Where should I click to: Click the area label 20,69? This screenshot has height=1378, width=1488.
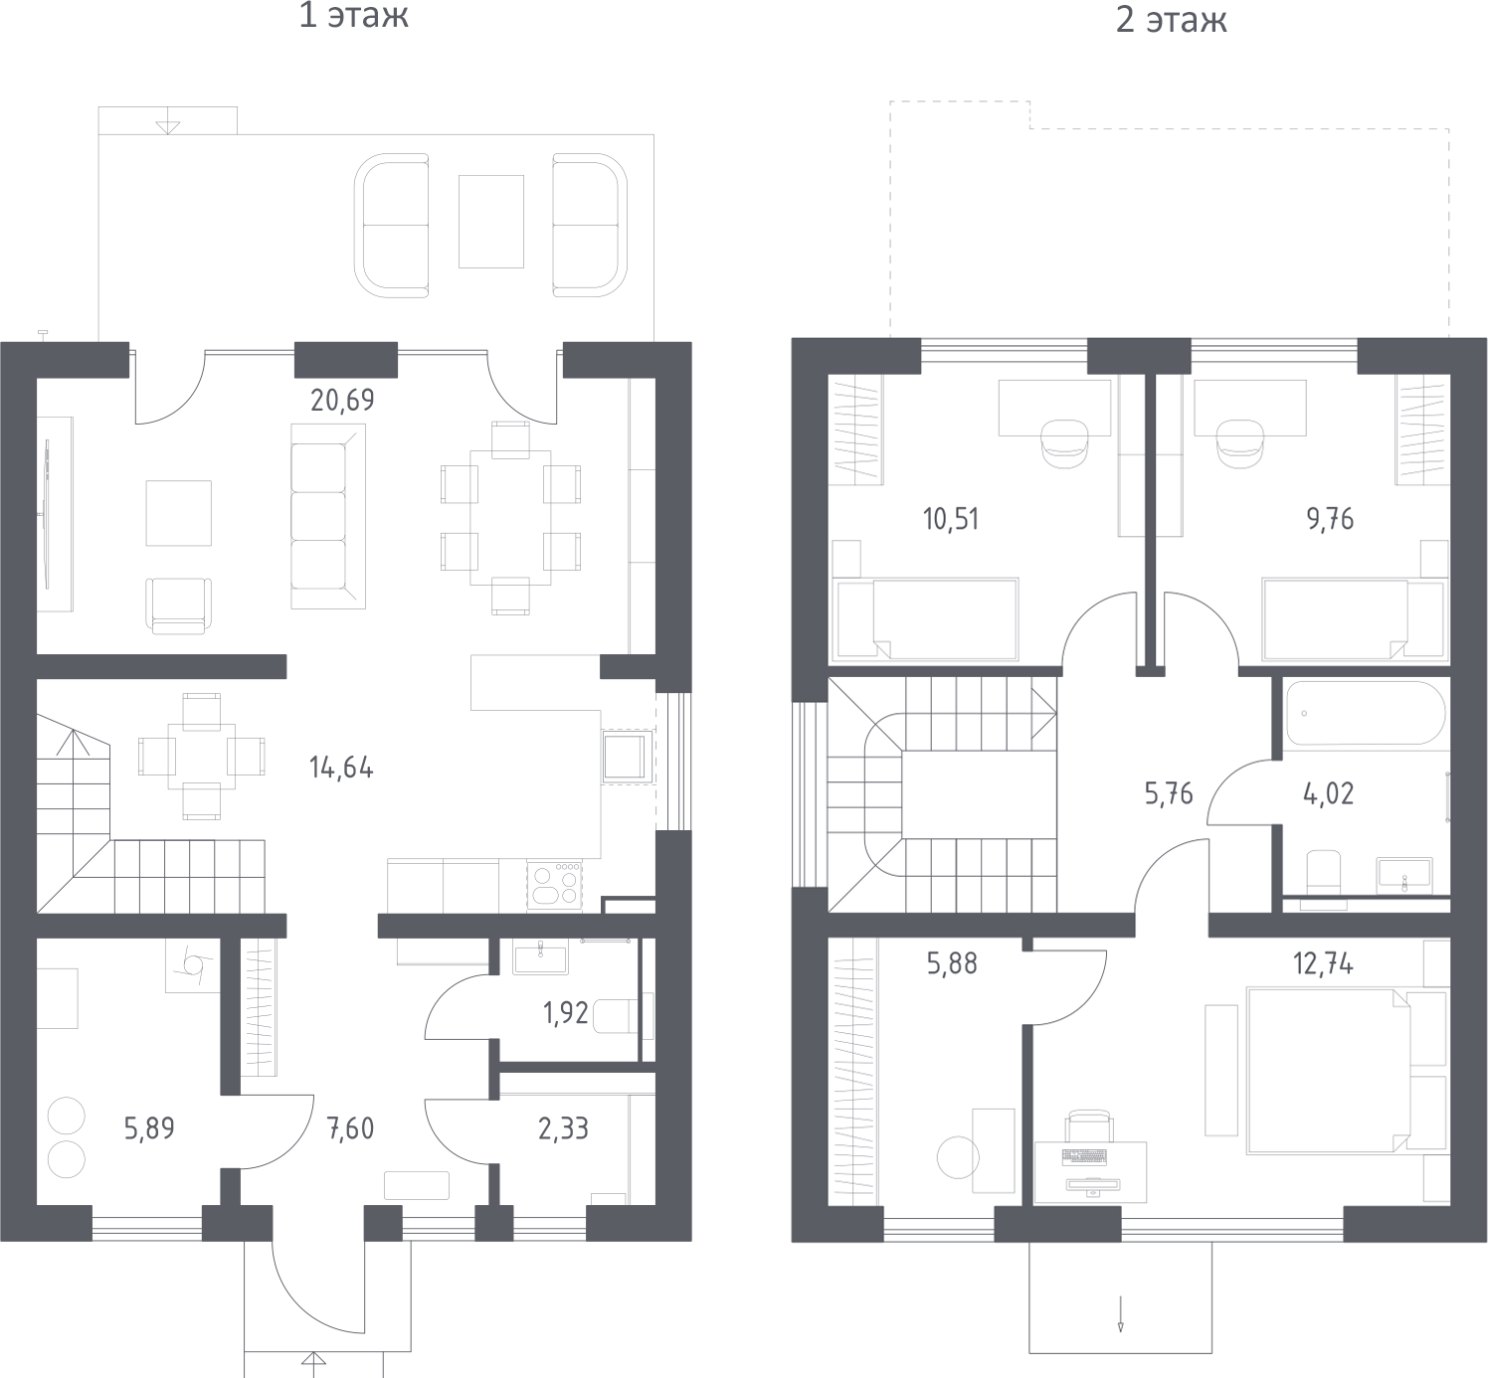pos(342,401)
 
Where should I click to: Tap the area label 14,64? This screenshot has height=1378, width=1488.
pos(341,769)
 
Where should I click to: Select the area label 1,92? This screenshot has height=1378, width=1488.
pos(566,1013)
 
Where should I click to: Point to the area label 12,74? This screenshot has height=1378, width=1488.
pos(1323,964)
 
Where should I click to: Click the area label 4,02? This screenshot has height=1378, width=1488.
pos(1329,793)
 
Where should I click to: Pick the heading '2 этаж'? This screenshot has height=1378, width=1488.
pos(1171,20)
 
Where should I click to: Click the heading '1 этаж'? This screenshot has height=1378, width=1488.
pos(354,16)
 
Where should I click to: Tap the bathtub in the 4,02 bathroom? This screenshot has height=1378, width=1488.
pos(1366,713)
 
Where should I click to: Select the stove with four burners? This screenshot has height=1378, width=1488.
pos(554,885)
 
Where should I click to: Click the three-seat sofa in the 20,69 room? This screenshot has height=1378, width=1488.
pos(328,516)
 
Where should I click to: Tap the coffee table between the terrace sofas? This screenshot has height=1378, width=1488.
pos(490,221)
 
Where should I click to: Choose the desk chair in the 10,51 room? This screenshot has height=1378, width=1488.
pos(1064,443)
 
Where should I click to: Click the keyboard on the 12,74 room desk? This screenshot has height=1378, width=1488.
pos(1084,1157)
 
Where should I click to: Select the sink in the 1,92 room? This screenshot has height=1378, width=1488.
pos(540,956)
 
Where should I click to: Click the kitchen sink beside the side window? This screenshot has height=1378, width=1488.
pos(625,757)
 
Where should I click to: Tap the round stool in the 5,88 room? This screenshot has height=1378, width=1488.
pos(958,1157)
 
